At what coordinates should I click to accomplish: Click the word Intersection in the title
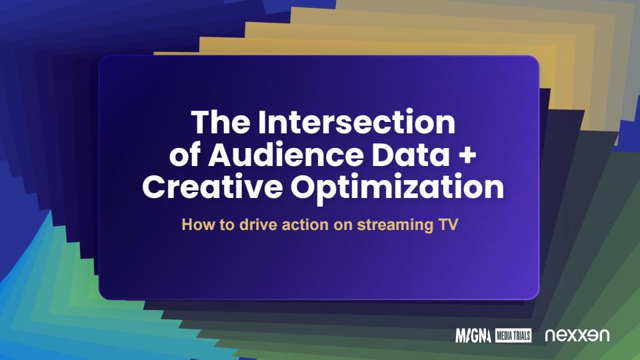[x=356, y=122]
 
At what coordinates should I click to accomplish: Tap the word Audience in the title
[x=286, y=155]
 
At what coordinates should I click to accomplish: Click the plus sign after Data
[x=467, y=156]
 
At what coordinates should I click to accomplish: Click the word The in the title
[x=221, y=122]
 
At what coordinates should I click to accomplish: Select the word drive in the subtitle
[x=259, y=225]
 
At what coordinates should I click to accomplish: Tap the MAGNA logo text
[x=473, y=335]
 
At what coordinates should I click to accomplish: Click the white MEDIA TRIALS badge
[x=513, y=335]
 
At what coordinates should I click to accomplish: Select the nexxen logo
[x=577, y=335]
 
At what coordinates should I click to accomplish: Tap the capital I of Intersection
[x=261, y=122]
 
